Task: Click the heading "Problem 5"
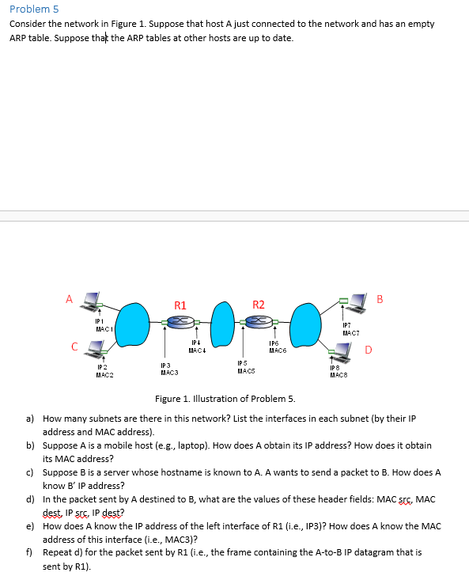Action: [34, 9]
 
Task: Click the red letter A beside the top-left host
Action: [70, 299]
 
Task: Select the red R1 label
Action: [180, 305]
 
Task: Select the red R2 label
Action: [258, 305]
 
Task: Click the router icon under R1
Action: [181, 321]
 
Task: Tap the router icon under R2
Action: [258, 321]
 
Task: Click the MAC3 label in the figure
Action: [168, 372]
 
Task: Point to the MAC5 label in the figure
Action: [246, 369]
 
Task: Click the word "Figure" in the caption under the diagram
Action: [169, 399]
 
